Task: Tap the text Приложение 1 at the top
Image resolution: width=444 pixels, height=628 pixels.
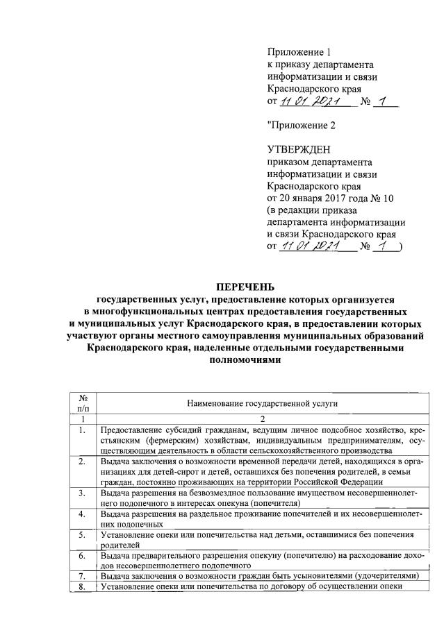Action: click(x=295, y=53)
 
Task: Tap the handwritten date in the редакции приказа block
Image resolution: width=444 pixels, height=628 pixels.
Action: click(x=311, y=246)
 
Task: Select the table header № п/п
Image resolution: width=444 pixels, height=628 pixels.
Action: click(x=83, y=402)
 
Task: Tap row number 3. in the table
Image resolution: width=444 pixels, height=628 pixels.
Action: click(x=83, y=493)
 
